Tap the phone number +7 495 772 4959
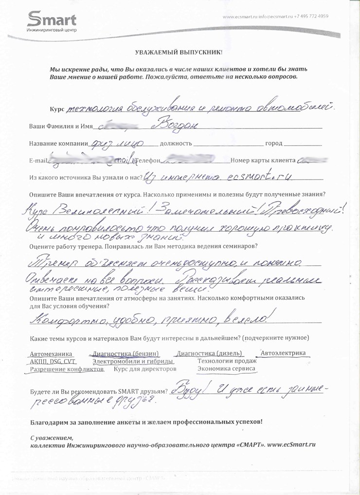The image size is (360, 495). [x=310, y=16]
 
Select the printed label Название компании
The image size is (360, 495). [x=57, y=145]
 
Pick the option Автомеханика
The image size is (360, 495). [x=51, y=354]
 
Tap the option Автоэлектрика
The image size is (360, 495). [x=283, y=352]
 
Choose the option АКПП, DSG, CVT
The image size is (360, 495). [x=53, y=362]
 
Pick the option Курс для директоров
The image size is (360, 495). [x=144, y=369]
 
